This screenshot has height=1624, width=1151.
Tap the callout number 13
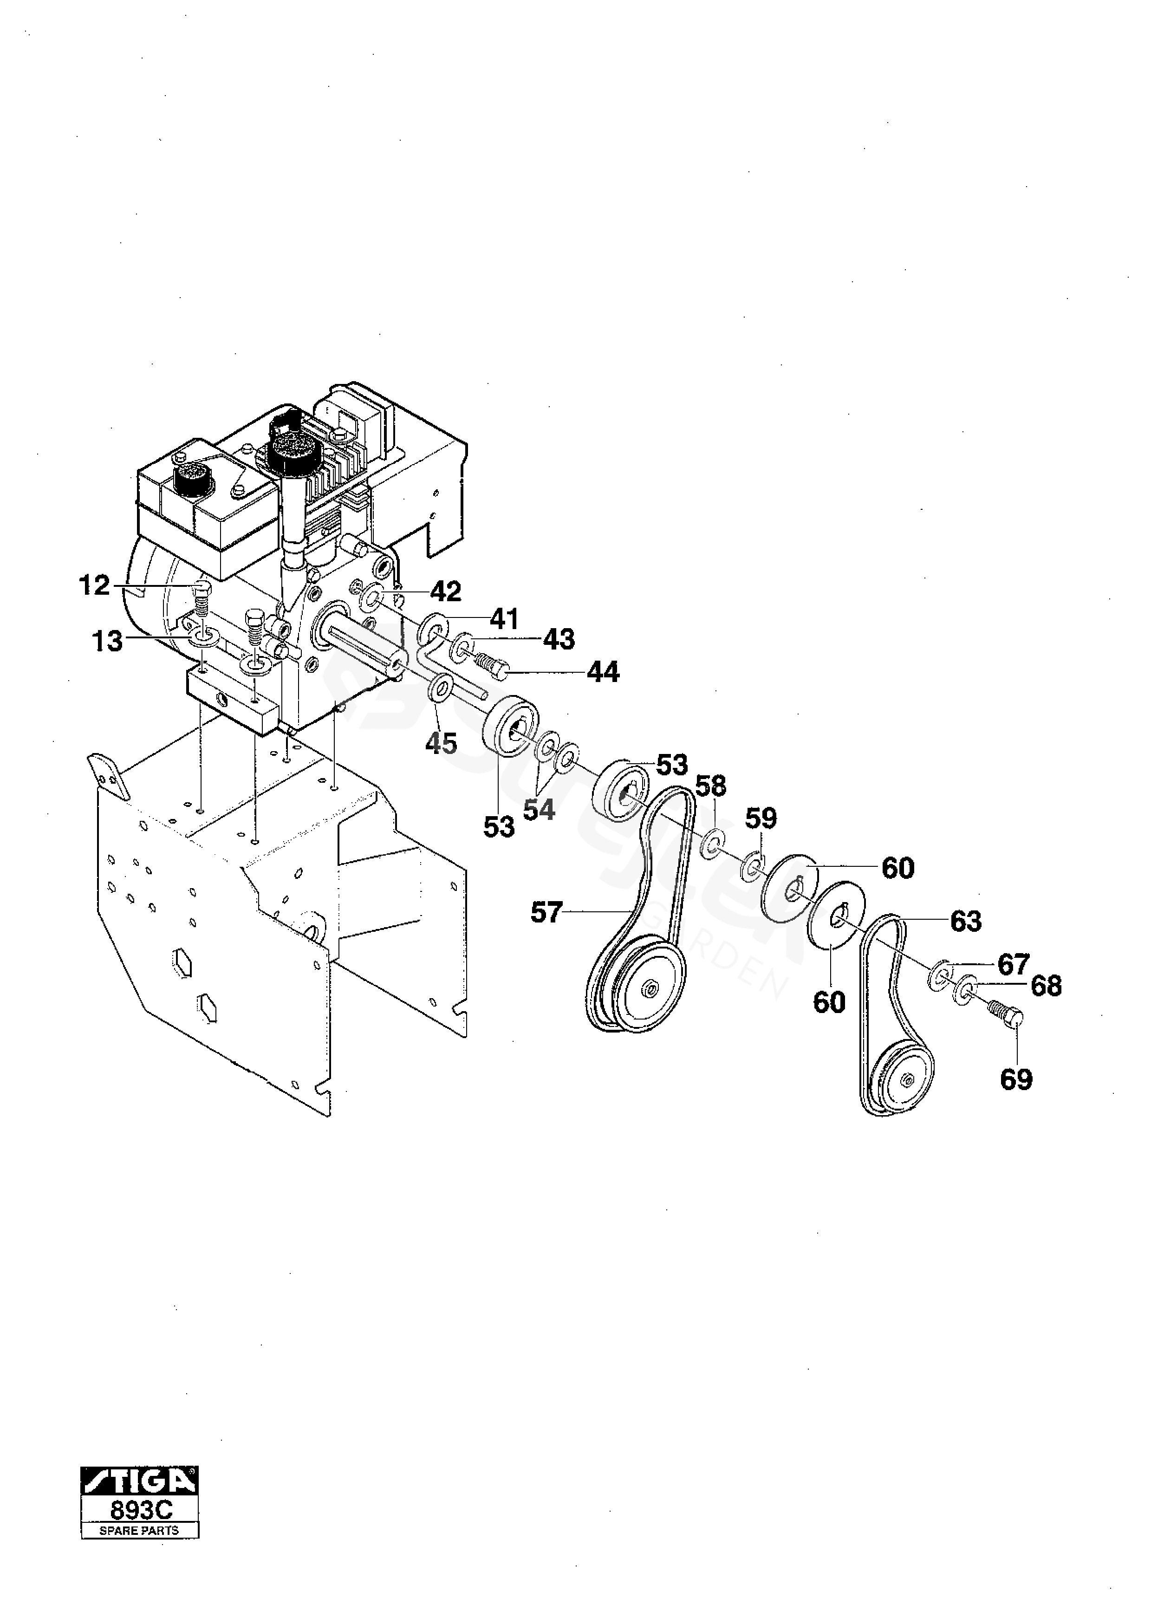tap(107, 642)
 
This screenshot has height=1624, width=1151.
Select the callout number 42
tap(445, 591)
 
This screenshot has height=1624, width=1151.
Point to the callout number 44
tap(603, 672)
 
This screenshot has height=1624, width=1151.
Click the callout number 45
tap(442, 743)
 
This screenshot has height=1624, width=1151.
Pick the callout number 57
tap(546, 913)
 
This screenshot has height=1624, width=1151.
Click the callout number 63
tap(966, 921)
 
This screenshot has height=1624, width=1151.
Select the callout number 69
tap(1016, 1080)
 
